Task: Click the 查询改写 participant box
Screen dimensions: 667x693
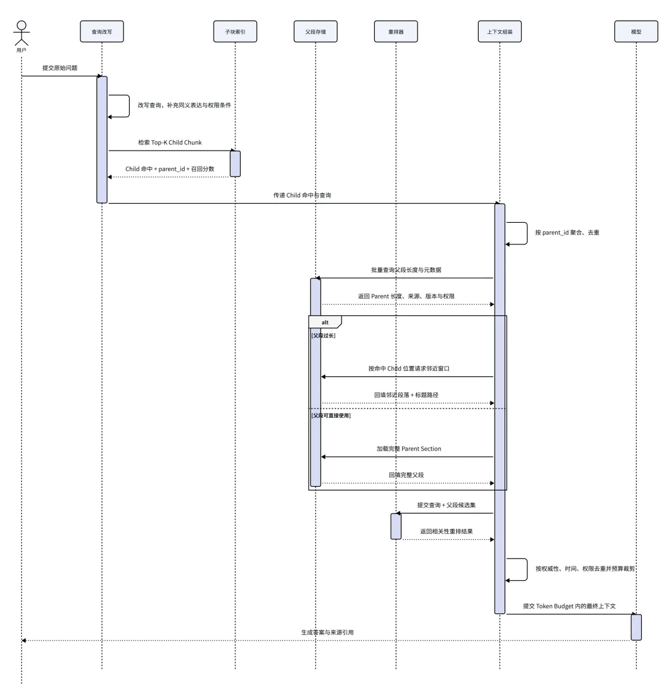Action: point(102,31)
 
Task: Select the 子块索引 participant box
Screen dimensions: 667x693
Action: point(235,31)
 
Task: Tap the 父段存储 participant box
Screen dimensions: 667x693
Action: point(316,31)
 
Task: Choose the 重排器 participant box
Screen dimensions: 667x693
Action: point(396,31)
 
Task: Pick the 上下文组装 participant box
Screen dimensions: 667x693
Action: point(500,31)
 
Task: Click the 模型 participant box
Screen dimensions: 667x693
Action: point(636,31)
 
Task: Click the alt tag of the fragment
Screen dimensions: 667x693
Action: point(325,322)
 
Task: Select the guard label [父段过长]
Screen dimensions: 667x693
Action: point(324,336)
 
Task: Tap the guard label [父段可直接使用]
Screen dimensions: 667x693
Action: point(331,415)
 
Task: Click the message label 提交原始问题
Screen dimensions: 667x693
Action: point(60,68)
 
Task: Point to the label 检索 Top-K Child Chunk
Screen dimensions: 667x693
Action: point(170,143)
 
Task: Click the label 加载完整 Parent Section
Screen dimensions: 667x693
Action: point(409,449)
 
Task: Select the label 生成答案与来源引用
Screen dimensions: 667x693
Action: point(327,633)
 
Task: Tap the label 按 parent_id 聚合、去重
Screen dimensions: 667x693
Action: point(567,233)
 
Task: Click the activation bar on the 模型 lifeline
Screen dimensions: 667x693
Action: point(636,627)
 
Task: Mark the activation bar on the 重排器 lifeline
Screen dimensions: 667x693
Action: point(396,526)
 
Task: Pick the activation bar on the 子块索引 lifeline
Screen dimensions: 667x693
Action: point(235,164)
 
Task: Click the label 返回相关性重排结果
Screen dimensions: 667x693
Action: point(447,531)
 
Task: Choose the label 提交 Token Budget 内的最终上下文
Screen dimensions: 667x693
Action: point(569,606)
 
